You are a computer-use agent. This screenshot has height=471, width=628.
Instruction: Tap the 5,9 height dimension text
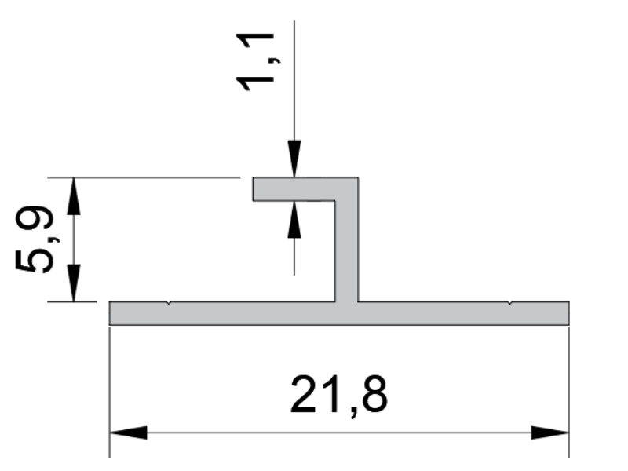pyautogui.click(x=34, y=239)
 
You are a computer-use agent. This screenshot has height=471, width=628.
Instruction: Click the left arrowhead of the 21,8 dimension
pyautogui.click(x=128, y=433)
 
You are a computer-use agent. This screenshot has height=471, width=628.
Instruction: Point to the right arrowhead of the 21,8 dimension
pyautogui.click(x=550, y=433)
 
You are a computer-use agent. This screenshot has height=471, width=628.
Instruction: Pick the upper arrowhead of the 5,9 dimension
pyautogui.click(x=73, y=195)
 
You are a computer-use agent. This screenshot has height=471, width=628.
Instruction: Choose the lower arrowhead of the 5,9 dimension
pyautogui.click(x=73, y=283)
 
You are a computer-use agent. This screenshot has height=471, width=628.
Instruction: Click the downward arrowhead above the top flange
pyautogui.click(x=294, y=159)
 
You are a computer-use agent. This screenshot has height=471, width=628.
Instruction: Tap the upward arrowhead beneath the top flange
pyautogui.click(x=294, y=219)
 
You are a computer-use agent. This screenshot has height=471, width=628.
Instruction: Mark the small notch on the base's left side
pyautogui.click(x=169, y=303)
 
